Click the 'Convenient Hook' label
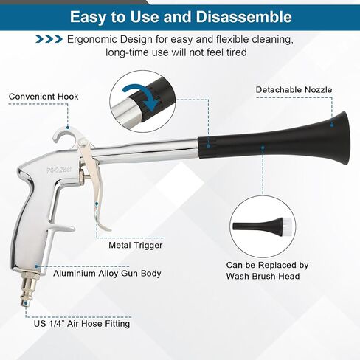[x=44, y=97]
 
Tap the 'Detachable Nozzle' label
[x=294, y=89]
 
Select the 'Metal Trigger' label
[x=136, y=245]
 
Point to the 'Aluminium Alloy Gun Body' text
[x=107, y=273]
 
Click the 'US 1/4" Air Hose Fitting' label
[x=82, y=323]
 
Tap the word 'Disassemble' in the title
[x=244, y=17]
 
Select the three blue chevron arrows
[x=49, y=39]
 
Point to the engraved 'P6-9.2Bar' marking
[x=59, y=169]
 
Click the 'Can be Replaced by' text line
[x=267, y=265]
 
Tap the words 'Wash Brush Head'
[x=263, y=276]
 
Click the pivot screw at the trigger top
[x=83, y=142]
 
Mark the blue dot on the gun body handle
[x=36, y=266]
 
